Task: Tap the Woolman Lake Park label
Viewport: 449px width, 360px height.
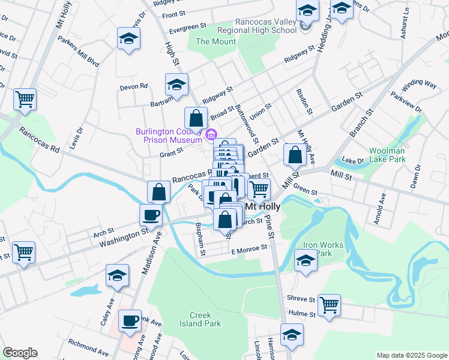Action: [387, 155]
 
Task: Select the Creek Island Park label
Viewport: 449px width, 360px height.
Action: [205, 319]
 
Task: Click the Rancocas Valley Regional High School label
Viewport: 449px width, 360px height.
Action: [272, 26]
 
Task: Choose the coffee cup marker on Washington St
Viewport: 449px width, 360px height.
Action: [150, 214]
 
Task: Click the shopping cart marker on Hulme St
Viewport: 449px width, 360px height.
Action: [329, 305]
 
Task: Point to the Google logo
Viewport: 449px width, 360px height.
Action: [20, 353]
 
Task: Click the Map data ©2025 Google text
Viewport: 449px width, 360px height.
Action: [411, 355]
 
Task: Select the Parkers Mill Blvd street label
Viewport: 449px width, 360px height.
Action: [78, 53]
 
